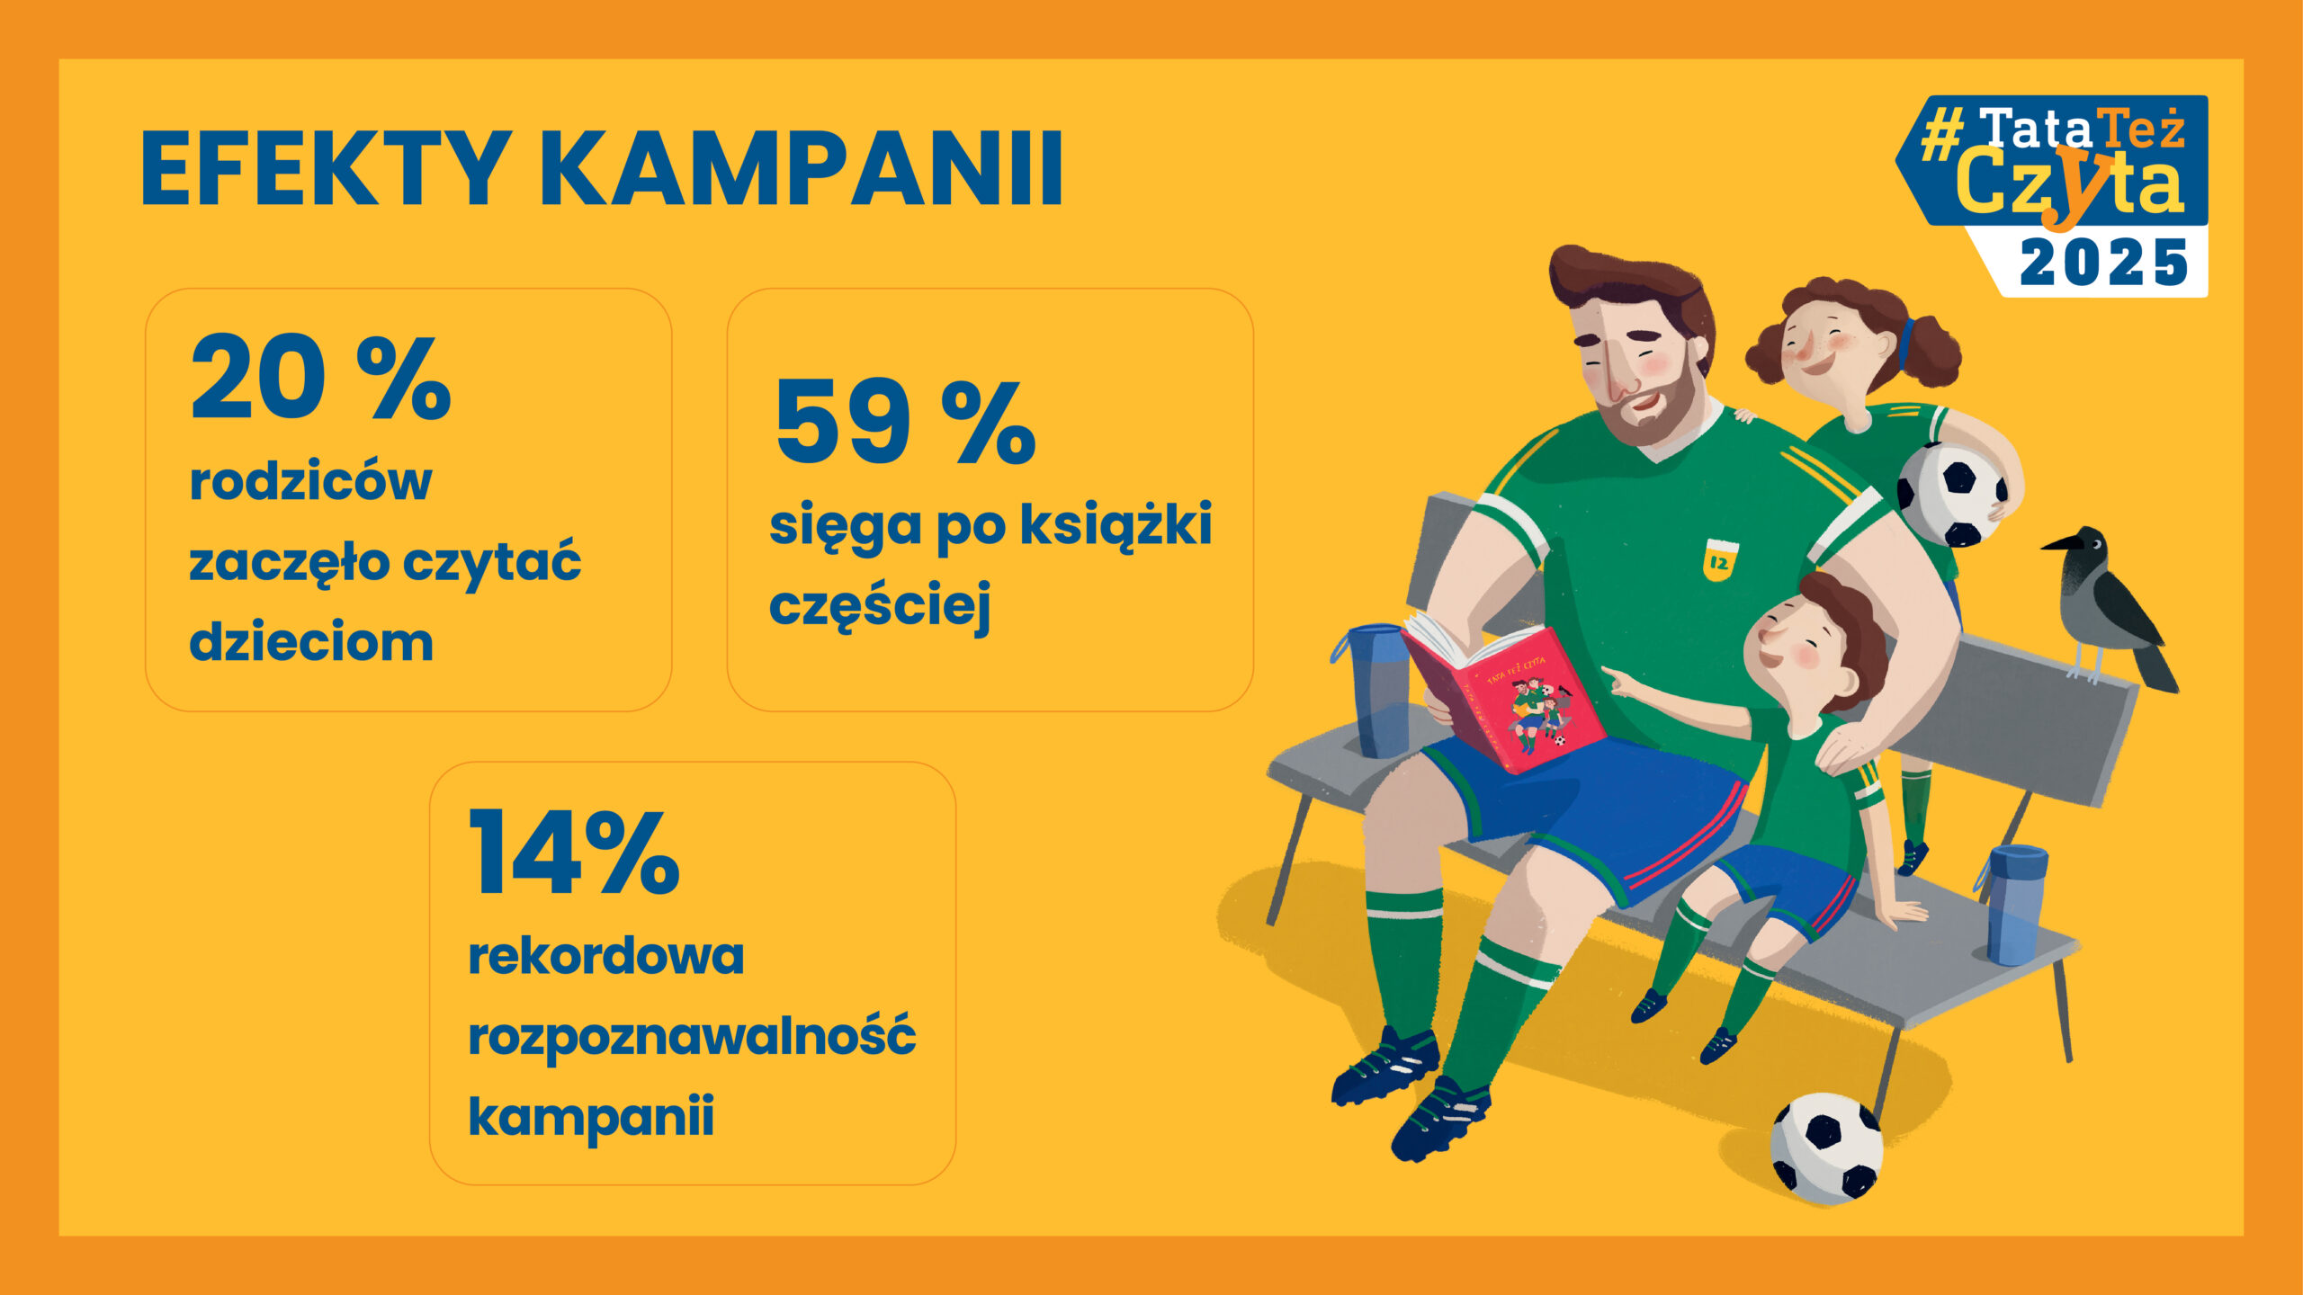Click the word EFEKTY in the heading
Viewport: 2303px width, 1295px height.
tap(327, 169)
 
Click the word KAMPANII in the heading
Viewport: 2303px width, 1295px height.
tap(802, 169)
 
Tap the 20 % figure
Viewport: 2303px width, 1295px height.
tap(321, 377)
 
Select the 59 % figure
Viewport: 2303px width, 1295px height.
tap(905, 421)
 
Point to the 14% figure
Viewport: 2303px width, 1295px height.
tap(574, 851)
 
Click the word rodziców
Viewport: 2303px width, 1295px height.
tap(310, 481)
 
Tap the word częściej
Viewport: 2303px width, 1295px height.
tap(880, 605)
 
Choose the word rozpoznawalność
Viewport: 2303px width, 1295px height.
tap(692, 1036)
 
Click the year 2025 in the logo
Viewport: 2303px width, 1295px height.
tap(2102, 263)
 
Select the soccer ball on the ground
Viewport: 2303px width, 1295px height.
tap(1826, 1148)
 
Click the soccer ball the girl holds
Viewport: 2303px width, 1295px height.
tap(1950, 494)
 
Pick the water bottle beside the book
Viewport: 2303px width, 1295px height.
tap(1373, 689)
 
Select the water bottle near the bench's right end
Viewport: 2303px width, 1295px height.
tap(2015, 905)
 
